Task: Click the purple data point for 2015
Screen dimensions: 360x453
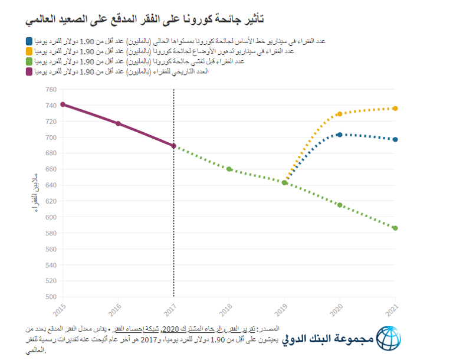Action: point(63,104)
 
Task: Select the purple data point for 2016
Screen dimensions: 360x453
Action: point(118,123)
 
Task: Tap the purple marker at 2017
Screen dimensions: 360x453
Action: point(173,146)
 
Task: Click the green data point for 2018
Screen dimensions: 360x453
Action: point(229,169)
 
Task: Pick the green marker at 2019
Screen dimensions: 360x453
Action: point(284,183)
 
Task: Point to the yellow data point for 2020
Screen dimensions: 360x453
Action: point(340,114)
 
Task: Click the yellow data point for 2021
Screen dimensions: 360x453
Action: point(395,109)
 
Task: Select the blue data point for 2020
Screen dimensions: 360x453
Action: point(340,135)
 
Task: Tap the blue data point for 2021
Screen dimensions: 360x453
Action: point(395,139)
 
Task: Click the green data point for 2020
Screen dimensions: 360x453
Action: point(340,205)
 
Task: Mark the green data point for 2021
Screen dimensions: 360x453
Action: point(395,228)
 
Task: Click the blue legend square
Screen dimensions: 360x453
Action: point(30,41)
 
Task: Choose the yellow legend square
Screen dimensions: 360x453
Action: point(30,51)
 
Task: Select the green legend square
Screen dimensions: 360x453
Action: point(30,61)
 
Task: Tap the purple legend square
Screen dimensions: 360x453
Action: point(30,71)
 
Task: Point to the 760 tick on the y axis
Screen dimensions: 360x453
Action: point(51,90)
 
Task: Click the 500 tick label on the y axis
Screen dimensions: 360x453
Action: point(51,297)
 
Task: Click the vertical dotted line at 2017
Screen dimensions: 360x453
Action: point(173,224)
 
